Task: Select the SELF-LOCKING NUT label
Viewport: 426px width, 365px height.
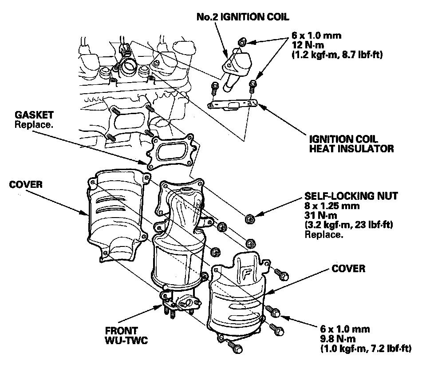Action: (351, 195)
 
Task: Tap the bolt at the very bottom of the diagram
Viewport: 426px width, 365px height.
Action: (234, 346)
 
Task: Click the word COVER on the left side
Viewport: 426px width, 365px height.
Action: (26, 184)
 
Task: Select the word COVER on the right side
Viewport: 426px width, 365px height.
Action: (348, 269)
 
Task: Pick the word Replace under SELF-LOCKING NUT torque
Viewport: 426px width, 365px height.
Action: (323, 234)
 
